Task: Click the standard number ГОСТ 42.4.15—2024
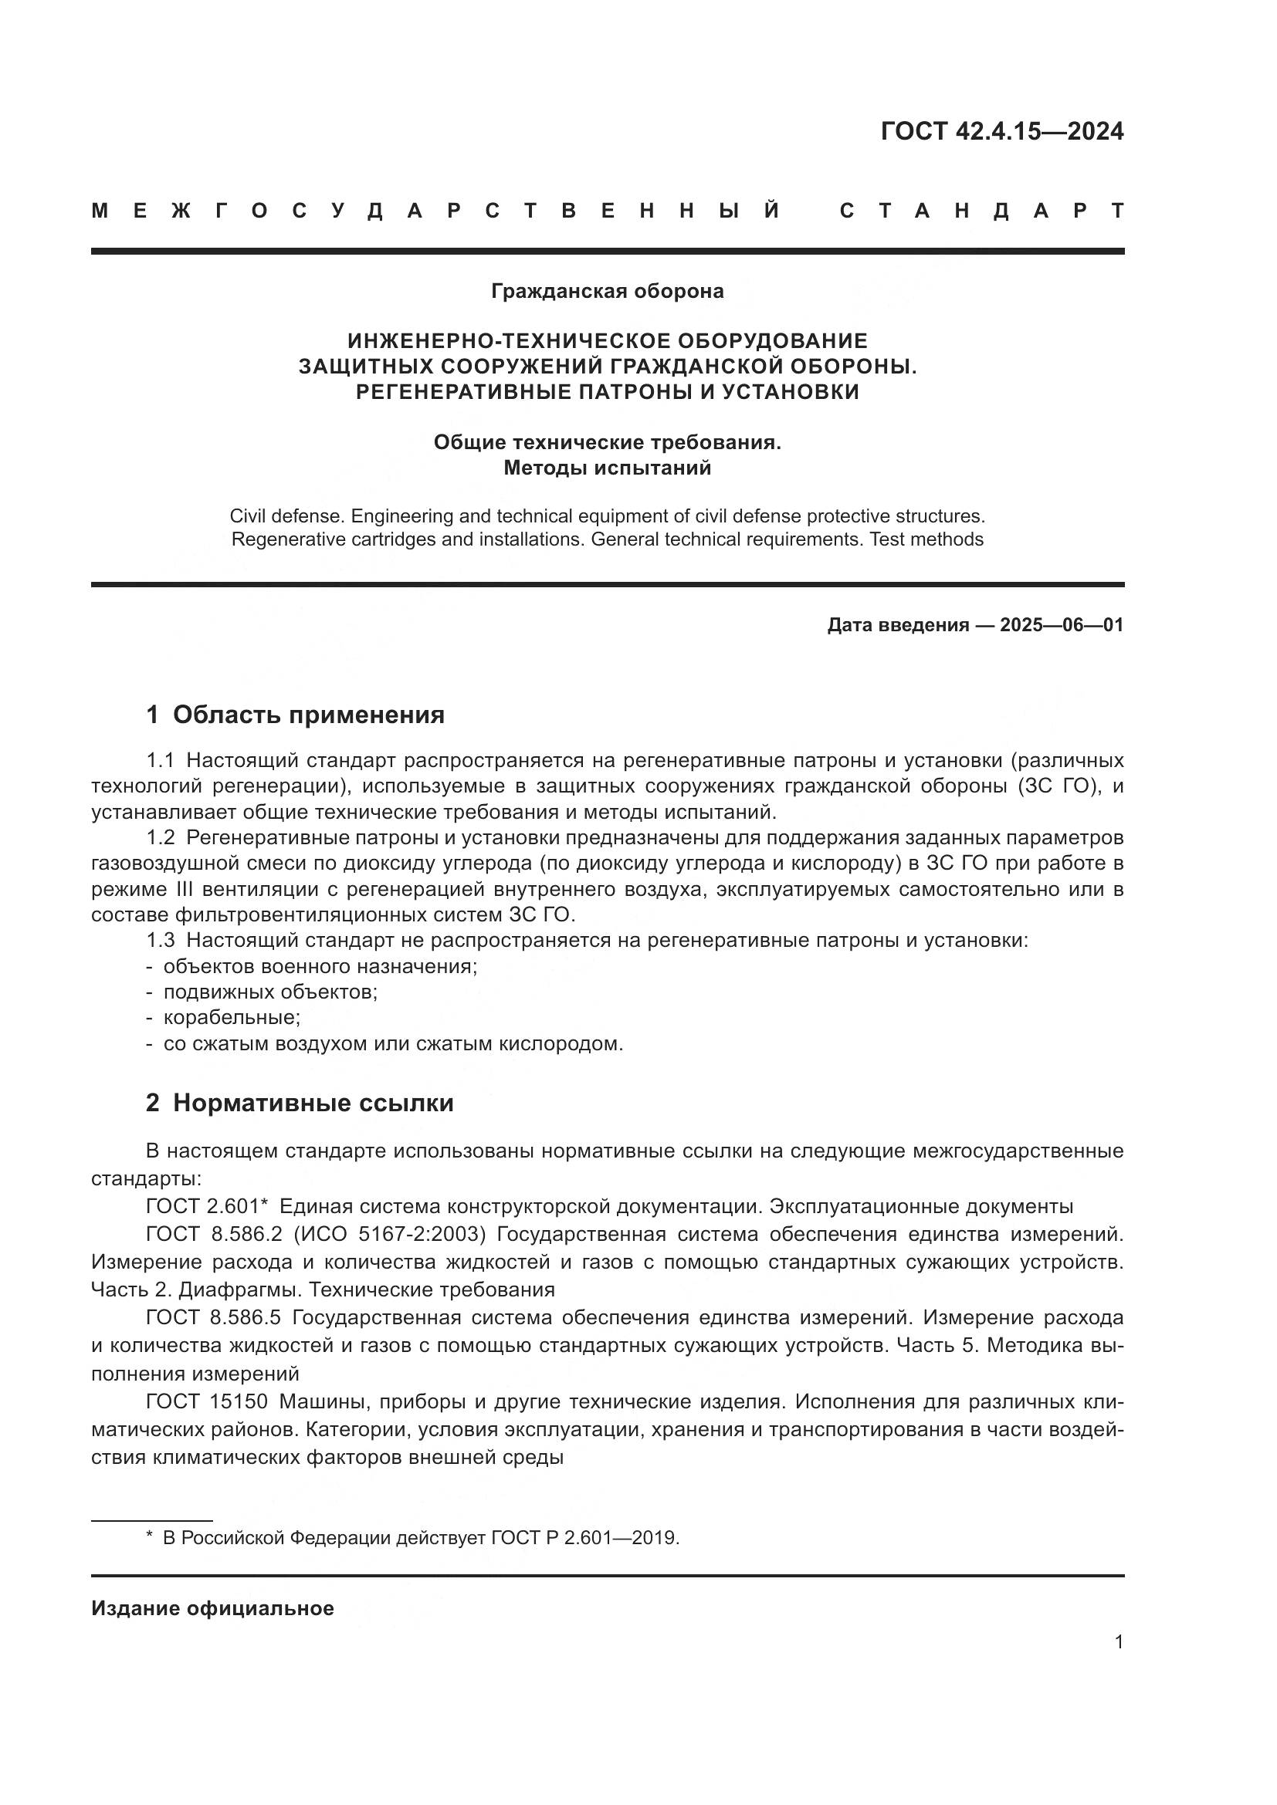pyautogui.click(x=1001, y=131)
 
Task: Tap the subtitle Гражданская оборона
pyautogui.click(x=607, y=292)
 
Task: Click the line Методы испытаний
pyautogui.click(x=607, y=468)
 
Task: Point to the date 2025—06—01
pyautogui.click(x=1061, y=626)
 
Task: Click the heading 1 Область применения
pyautogui.click(x=296, y=715)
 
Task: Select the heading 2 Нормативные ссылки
pyautogui.click(x=300, y=1103)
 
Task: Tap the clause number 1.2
pyautogui.click(x=161, y=838)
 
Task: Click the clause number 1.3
pyautogui.click(x=161, y=940)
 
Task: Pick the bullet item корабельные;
pyautogui.click(x=231, y=1018)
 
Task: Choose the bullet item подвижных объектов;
pyautogui.click(x=269, y=992)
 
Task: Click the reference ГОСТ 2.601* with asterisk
pyautogui.click(x=208, y=1207)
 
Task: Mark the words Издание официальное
pyautogui.click(x=212, y=1608)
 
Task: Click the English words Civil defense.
pyautogui.click(x=286, y=516)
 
